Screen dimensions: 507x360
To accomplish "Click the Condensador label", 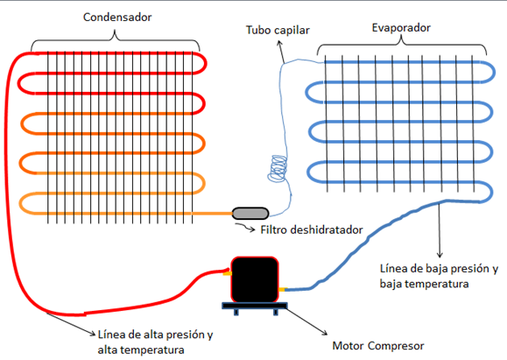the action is (x=117, y=18).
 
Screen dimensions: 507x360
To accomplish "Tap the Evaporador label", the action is (x=401, y=28).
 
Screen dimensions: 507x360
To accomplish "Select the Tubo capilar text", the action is (x=278, y=30).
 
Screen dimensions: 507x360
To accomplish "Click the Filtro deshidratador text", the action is (x=312, y=230).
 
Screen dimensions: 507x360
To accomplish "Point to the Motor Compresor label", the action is (x=378, y=346).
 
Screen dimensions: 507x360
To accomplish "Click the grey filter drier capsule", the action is (x=250, y=214).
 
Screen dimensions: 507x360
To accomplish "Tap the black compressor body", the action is (x=255, y=279).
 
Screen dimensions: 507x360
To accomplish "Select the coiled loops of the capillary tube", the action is (x=278, y=168).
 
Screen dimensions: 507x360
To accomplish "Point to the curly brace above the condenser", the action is (x=115, y=40).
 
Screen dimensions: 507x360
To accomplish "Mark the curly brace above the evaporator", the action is (x=402, y=45).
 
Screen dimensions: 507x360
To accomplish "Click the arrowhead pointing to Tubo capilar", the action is (x=279, y=43).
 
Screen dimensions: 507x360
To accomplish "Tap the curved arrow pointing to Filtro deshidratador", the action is (x=245, y=227).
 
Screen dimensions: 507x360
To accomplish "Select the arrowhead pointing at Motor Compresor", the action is (x=325, y=333).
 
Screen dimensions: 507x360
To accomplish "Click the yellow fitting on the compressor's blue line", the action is (x=282, y=289).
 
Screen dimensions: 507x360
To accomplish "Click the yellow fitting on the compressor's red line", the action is (x=228, y=273).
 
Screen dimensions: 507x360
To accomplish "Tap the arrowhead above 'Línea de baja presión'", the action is (x=440, y=255).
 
